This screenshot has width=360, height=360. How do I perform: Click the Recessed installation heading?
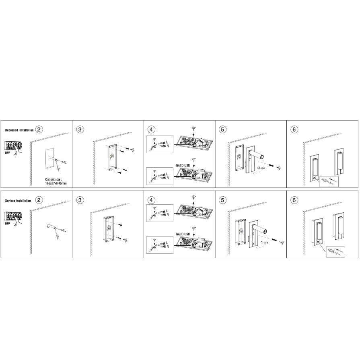[x=19, y=130]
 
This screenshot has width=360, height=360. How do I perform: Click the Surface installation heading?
[x=18, y=201]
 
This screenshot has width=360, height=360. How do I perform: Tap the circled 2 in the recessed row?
[x=39, y=130]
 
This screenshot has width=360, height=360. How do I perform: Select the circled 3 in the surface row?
[x=80, y=200]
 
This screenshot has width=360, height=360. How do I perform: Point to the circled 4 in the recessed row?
[x=151, y=130]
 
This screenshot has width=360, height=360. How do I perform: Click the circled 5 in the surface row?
[x=222, y=200]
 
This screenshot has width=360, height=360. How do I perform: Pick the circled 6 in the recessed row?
[x=294, y=130]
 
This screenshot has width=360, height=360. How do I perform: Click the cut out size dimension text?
[x=56, y=181]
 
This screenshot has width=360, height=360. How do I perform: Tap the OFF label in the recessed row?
[x=8, y=153]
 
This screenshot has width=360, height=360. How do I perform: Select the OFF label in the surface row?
[x=8, y=223]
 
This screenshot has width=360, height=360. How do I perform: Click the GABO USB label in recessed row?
[x=183, y=165]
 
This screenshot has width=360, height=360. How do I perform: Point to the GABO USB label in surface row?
[x=183, y=234]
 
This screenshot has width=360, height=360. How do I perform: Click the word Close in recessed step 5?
[x=261, y=168]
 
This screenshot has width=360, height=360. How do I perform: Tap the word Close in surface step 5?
[x=264, y=243]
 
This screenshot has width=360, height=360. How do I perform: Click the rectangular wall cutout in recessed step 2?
[x=50, y=158]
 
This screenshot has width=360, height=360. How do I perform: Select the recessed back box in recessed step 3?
[x=111, y=157]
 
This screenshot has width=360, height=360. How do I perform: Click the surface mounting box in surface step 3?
[x=108, y=229]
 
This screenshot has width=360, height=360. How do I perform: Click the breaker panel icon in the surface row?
[x=13, y=216]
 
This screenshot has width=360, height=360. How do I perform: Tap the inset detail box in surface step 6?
[x=335, y=252]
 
